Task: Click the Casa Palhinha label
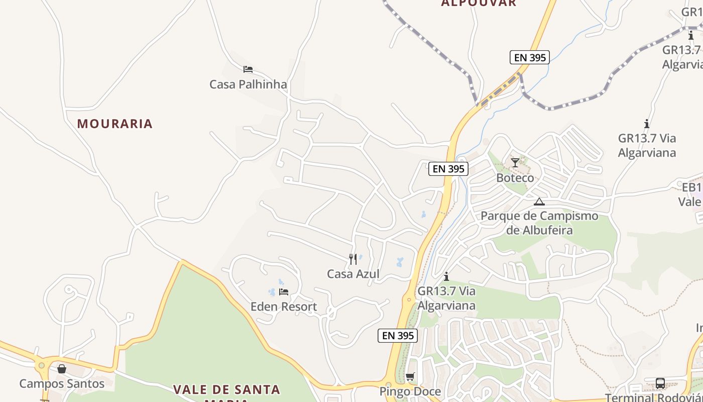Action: tap(248, 84)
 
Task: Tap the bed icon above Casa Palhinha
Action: tap(248, 69)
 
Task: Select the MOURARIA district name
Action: tap(114, 124)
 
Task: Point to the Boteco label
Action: tap(515, 178)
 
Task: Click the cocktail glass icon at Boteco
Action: tap(515, 163)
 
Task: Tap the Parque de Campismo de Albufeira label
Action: tap(539, 223)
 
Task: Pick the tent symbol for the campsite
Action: tap(539, 202)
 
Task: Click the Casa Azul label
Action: tap(353, 274)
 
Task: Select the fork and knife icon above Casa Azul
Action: tap(353, 259)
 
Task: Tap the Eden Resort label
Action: tap(284, 307)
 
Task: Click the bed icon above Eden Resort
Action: tap(284, 292)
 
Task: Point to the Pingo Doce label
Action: tap(410, 391)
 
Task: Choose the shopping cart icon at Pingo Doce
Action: tap(410, 377)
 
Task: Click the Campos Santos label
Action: tap(62, 384)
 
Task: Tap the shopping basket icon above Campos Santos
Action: tap(62, 369)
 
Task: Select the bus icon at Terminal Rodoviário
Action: tap(660, 383)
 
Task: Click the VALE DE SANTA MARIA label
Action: tap(226, 390)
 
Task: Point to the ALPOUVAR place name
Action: tap(479, 4)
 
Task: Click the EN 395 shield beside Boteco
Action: tap(448, 169)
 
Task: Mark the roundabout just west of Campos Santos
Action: tap(41, 365)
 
